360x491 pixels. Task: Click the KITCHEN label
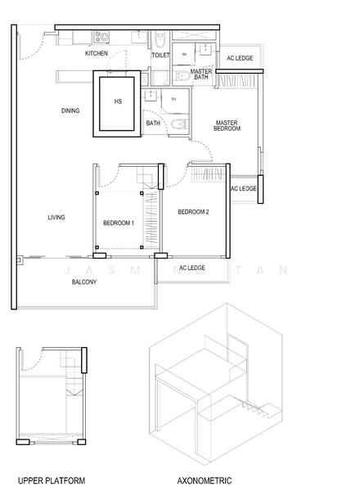[97, 53]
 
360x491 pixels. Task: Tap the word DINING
[70, 111]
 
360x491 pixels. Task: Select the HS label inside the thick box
[119, 102]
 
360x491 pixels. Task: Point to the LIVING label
[56, 217]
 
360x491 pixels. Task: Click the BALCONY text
[84, 282]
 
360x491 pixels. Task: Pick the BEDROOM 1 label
[119, 223]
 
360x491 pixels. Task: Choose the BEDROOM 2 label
[194, 212]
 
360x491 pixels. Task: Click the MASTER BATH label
[201, 75]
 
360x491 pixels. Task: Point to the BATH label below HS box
[153, 124]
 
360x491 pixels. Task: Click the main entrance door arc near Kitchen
[29, 47]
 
